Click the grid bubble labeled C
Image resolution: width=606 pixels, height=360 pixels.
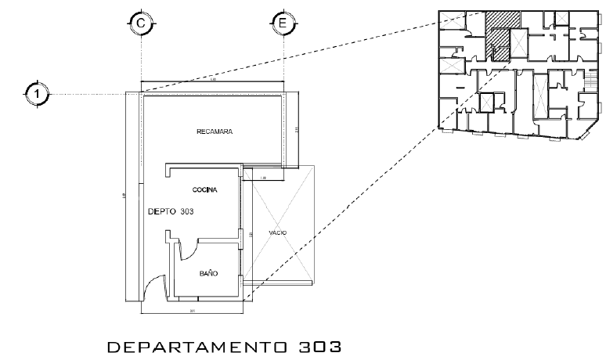point(140,24)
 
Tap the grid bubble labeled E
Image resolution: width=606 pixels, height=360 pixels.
point(282,24)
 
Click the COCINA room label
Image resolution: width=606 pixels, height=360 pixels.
point(204,190)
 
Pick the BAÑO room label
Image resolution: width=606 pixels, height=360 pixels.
point(207,273)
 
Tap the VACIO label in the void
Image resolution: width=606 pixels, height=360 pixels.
point(278,232)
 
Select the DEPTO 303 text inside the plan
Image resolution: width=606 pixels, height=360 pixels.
point(170,211)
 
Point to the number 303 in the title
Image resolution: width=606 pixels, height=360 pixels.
point(319,345)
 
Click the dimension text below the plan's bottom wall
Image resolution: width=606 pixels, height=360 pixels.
point(192,311)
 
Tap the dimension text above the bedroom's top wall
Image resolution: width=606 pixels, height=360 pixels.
point(213,80)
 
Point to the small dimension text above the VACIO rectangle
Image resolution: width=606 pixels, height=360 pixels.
point(263,178)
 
